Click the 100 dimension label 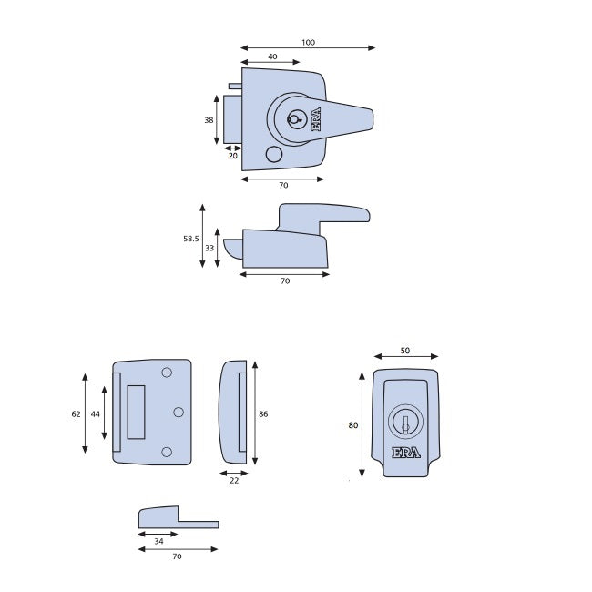click(308, 42)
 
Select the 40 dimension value click(272, 56)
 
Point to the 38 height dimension click(209, 120)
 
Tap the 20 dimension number click(232, 156)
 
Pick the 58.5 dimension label click(190, 239)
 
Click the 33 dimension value click(209, 247)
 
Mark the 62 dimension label click(76, 413)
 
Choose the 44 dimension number click(96, 413)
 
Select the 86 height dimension click(263, 413)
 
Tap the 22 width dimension click(234, 480)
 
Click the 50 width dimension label click(405, 350)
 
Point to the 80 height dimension click(354, 424)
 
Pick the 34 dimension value click(159, 541)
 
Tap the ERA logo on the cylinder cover click(405, 454)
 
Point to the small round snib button click(273, 156)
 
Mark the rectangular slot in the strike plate click(136, 412)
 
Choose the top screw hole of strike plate click(167, 373)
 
